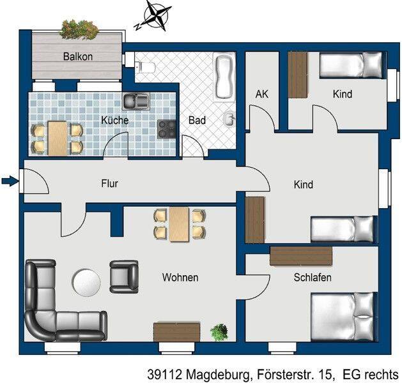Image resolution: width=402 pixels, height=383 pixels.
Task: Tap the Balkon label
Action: (x=78, y=56)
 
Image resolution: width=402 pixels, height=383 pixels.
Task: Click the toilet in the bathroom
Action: (x=146, y=67)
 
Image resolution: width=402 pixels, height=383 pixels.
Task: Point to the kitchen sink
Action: (x=136, y=101)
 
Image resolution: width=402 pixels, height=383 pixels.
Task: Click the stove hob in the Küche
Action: (x=167, y=130)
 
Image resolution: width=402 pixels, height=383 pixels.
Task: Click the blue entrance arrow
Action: (x=10, y=181)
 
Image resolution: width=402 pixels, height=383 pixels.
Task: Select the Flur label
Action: (x=110, y=183)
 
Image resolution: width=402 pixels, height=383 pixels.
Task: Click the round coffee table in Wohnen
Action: (x=87, y=282)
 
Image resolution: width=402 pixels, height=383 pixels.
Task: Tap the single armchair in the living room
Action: (x=124, y=277)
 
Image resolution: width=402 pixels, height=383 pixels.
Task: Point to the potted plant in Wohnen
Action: (x=219, y=332)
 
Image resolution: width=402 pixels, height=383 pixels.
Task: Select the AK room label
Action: (x=262, y=94)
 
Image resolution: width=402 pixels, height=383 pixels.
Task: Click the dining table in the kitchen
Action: (x=58, y=139)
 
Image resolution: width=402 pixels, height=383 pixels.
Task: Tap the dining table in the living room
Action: (x=179, y=225)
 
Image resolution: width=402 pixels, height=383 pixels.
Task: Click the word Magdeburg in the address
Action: (x=217, y=375)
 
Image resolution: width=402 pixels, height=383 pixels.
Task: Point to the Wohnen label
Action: (x=180, y=278)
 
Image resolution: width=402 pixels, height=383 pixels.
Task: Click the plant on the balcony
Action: (x=79, y=29)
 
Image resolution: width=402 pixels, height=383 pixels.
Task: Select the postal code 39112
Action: (x=165, y=375)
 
